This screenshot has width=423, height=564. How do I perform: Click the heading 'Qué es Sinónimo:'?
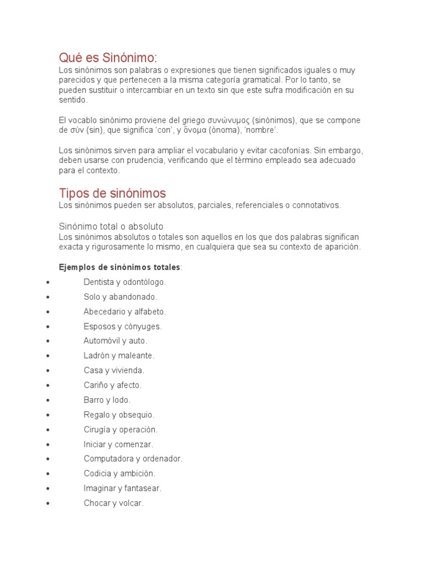pos(108,57)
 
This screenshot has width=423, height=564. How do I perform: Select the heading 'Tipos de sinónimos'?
pos(112,193)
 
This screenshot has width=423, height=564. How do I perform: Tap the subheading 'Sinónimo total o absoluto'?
pos(111,226)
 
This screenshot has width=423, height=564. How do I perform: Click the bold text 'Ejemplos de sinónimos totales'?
pos(120,267)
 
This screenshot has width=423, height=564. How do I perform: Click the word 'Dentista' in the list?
pos(99,282)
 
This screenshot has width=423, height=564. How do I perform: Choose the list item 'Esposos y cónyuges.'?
pos(123,327)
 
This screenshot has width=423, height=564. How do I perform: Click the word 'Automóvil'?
pos(102,341)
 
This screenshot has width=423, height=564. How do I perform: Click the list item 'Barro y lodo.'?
pos(107,400)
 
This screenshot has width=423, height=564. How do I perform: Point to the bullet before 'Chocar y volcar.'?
pos(50,503)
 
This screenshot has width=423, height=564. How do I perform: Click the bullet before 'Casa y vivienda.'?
pos(50,371)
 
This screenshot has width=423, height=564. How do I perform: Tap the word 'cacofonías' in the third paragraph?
pos(289,150)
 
